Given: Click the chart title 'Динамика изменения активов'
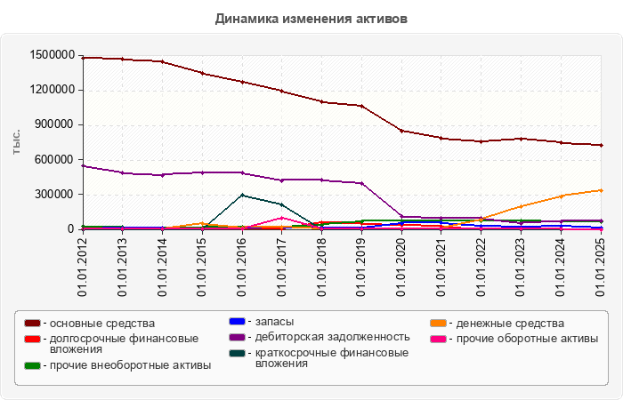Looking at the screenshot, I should click(311, 18).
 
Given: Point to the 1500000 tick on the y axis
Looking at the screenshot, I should click(50, 55).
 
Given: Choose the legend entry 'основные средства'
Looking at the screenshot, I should click(99, 323).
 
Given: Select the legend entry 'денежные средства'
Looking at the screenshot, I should click(507, 323).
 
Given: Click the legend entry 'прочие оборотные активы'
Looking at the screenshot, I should click(524, 338).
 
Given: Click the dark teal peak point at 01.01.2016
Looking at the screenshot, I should click(242, 195).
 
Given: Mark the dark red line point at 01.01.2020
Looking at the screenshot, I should click(402, 131).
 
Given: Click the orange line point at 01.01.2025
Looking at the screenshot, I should click(602, 190).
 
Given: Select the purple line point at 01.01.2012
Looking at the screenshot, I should click(83, 166).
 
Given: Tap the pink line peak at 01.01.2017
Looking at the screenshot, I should click(282, 217).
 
